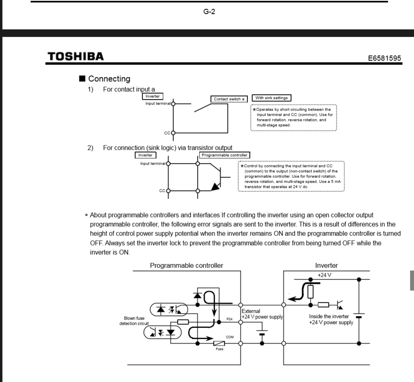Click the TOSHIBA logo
75,56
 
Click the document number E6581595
384,58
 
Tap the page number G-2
209,12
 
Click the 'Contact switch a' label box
229,99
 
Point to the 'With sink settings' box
271,98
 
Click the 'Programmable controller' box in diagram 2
225,155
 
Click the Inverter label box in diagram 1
152,96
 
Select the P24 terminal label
229,320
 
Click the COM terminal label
230,337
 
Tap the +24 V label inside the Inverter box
325,275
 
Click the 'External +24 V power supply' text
262,314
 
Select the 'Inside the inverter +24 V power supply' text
331,319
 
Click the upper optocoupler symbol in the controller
166,309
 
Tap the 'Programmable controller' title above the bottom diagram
187,265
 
